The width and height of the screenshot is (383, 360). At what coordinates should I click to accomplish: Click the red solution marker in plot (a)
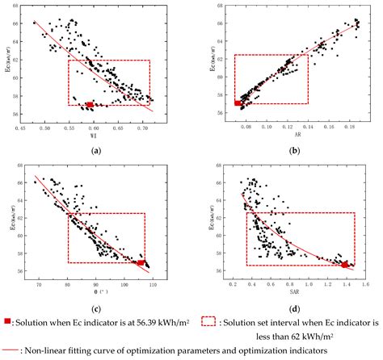(x=89, y=104)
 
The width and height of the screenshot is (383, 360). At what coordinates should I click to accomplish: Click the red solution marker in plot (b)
(x=238, y=103)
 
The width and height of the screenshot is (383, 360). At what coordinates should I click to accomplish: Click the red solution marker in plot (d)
(x=345, y=264)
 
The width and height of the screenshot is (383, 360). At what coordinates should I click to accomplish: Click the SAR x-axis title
(x=296, y=294)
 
